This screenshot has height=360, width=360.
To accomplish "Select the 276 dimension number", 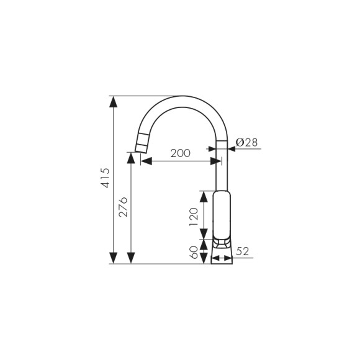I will (x=123, y=207).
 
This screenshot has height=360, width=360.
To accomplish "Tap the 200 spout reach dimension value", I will (x=180, y=153).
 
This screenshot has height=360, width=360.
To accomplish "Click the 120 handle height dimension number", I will (x=193, y=215).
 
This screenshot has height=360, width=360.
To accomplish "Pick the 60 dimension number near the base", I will (x=193, y=252).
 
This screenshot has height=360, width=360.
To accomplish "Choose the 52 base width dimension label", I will (x=243, y=251).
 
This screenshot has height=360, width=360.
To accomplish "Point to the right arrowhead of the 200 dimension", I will (x=216, y=161).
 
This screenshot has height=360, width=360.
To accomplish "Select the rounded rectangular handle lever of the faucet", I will (x=222, y=214).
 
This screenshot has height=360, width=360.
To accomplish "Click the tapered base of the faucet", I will (x=222, y=253).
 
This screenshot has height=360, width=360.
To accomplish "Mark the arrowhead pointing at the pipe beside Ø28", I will (x=232, y=144).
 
